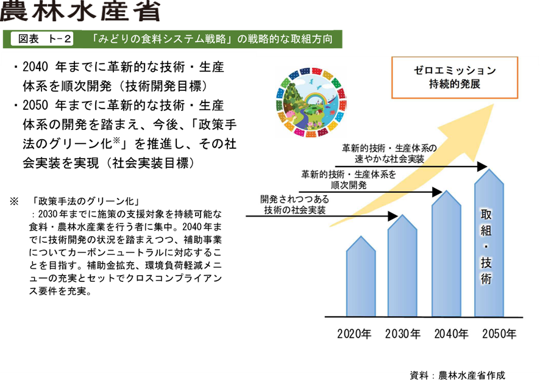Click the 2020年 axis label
tap(354, 334)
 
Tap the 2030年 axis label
tap(403, 334)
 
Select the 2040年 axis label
tap(451, 334)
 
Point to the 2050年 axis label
tap(499, 334)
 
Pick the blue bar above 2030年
tap(402, 265)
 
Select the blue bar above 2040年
tap(446, 254)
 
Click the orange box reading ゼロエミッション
tap(455, 77)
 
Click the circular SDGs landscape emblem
tap(311, 102)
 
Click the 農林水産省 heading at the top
tap(80, 11)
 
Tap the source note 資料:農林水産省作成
tap(457, 375)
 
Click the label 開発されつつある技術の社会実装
tap(295, 205)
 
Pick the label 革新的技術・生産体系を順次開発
tap(349, 180)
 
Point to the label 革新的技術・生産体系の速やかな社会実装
tap(389, 154)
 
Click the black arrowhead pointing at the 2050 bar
tap(482, 167)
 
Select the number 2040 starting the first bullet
tap(35, 67)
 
